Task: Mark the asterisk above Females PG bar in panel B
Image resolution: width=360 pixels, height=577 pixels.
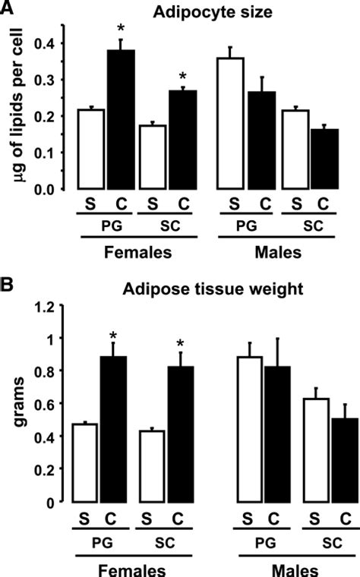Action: (x=112, y=336)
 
